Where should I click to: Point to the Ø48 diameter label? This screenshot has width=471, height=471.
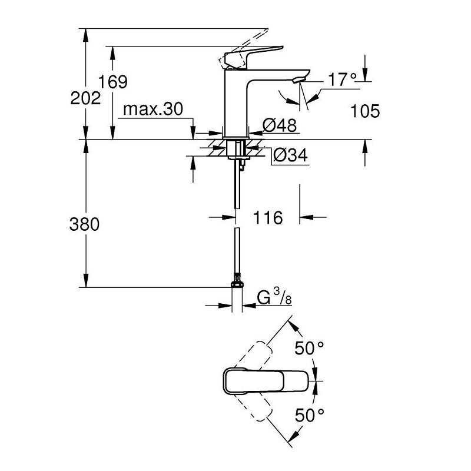[x=279, y=125]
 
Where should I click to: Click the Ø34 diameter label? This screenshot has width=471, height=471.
[x=290, y=155]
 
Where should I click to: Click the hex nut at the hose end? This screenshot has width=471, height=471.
[x=237, y=284]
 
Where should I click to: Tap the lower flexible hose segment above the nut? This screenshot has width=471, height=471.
[x=237, y=253]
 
